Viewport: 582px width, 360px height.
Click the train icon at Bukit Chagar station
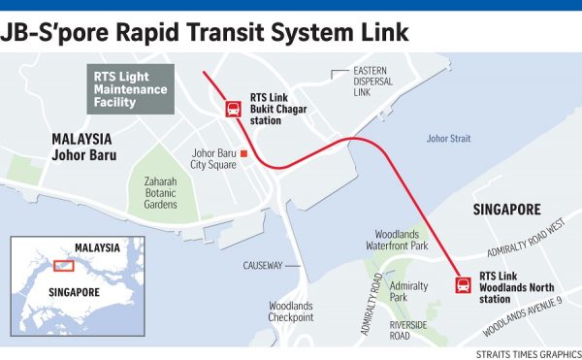[234, 109]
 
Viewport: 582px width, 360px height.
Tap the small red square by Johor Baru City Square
[244, 153]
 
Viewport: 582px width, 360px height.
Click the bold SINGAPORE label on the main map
[505, 210]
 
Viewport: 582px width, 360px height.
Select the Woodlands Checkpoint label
[291, 311]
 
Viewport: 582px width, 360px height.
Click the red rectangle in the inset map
[63, 265]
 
